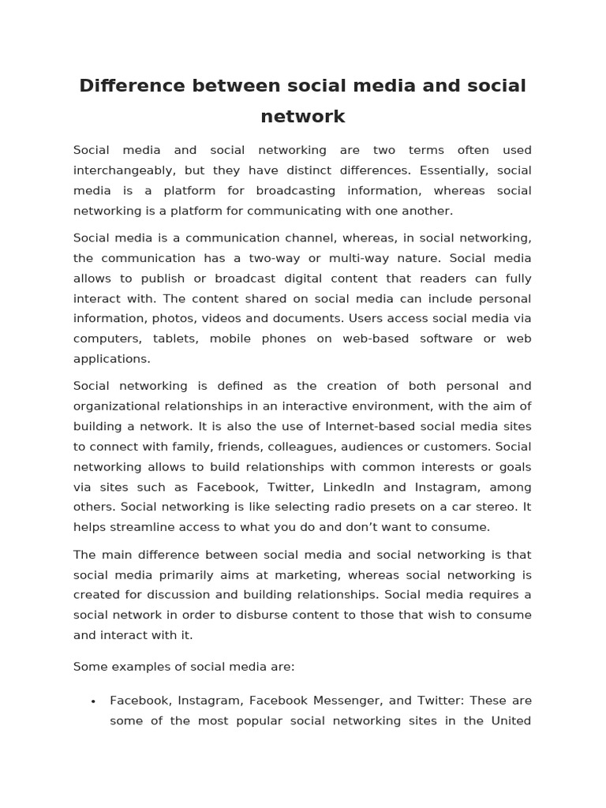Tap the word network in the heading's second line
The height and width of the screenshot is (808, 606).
click(x=303, y=117)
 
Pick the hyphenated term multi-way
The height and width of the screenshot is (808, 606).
click(x=361, y=258)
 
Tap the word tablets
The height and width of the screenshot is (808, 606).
click(x=165, y=339)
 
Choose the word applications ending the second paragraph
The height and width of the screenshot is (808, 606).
click(x=111, y=359)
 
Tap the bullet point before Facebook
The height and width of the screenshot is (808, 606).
click(x=93, y=701)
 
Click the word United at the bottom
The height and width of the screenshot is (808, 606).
click(x=511, y=720)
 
